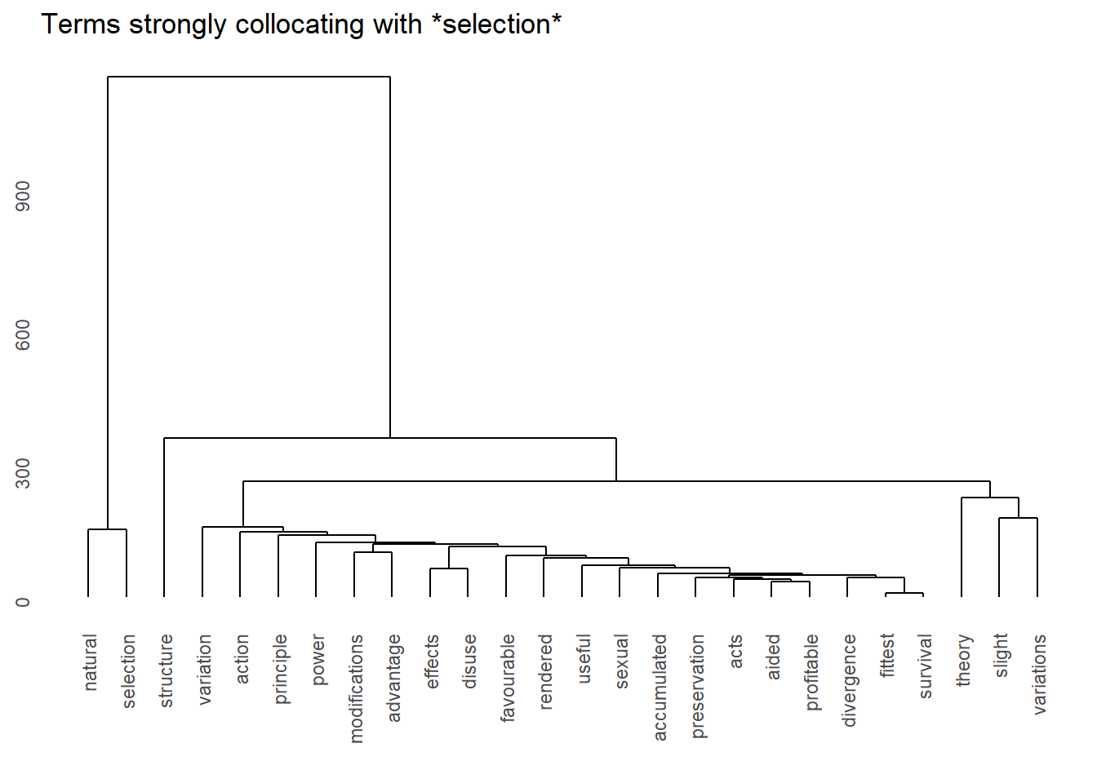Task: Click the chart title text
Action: tap(301, 24)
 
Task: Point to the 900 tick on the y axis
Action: tap(23, 196)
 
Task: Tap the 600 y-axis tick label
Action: tap(23, 334)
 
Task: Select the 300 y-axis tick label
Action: tap(23, 473)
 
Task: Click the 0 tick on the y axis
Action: tap(23, 602)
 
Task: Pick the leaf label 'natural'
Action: tap(90, 662)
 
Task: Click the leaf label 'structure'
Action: tap(166, 670)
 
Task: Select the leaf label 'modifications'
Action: tap(356, 688)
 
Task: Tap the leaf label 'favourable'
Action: tap(508, 678)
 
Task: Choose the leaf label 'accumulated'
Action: tap(660, 687)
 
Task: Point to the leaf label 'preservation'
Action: tap(698, 686)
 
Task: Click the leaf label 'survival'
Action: tap(925, 666)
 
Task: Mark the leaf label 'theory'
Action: tap(963, 660)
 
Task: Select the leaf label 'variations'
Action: tap(1039, 674)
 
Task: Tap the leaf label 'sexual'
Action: tap(621, 661)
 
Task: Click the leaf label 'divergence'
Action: tap(849, 679)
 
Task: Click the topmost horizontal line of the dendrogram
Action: tap(249, 77)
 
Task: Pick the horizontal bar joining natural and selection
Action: tap(107, 529)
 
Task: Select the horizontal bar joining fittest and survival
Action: tap(904, 593)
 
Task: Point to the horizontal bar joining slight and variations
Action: tap(1018, 518)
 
